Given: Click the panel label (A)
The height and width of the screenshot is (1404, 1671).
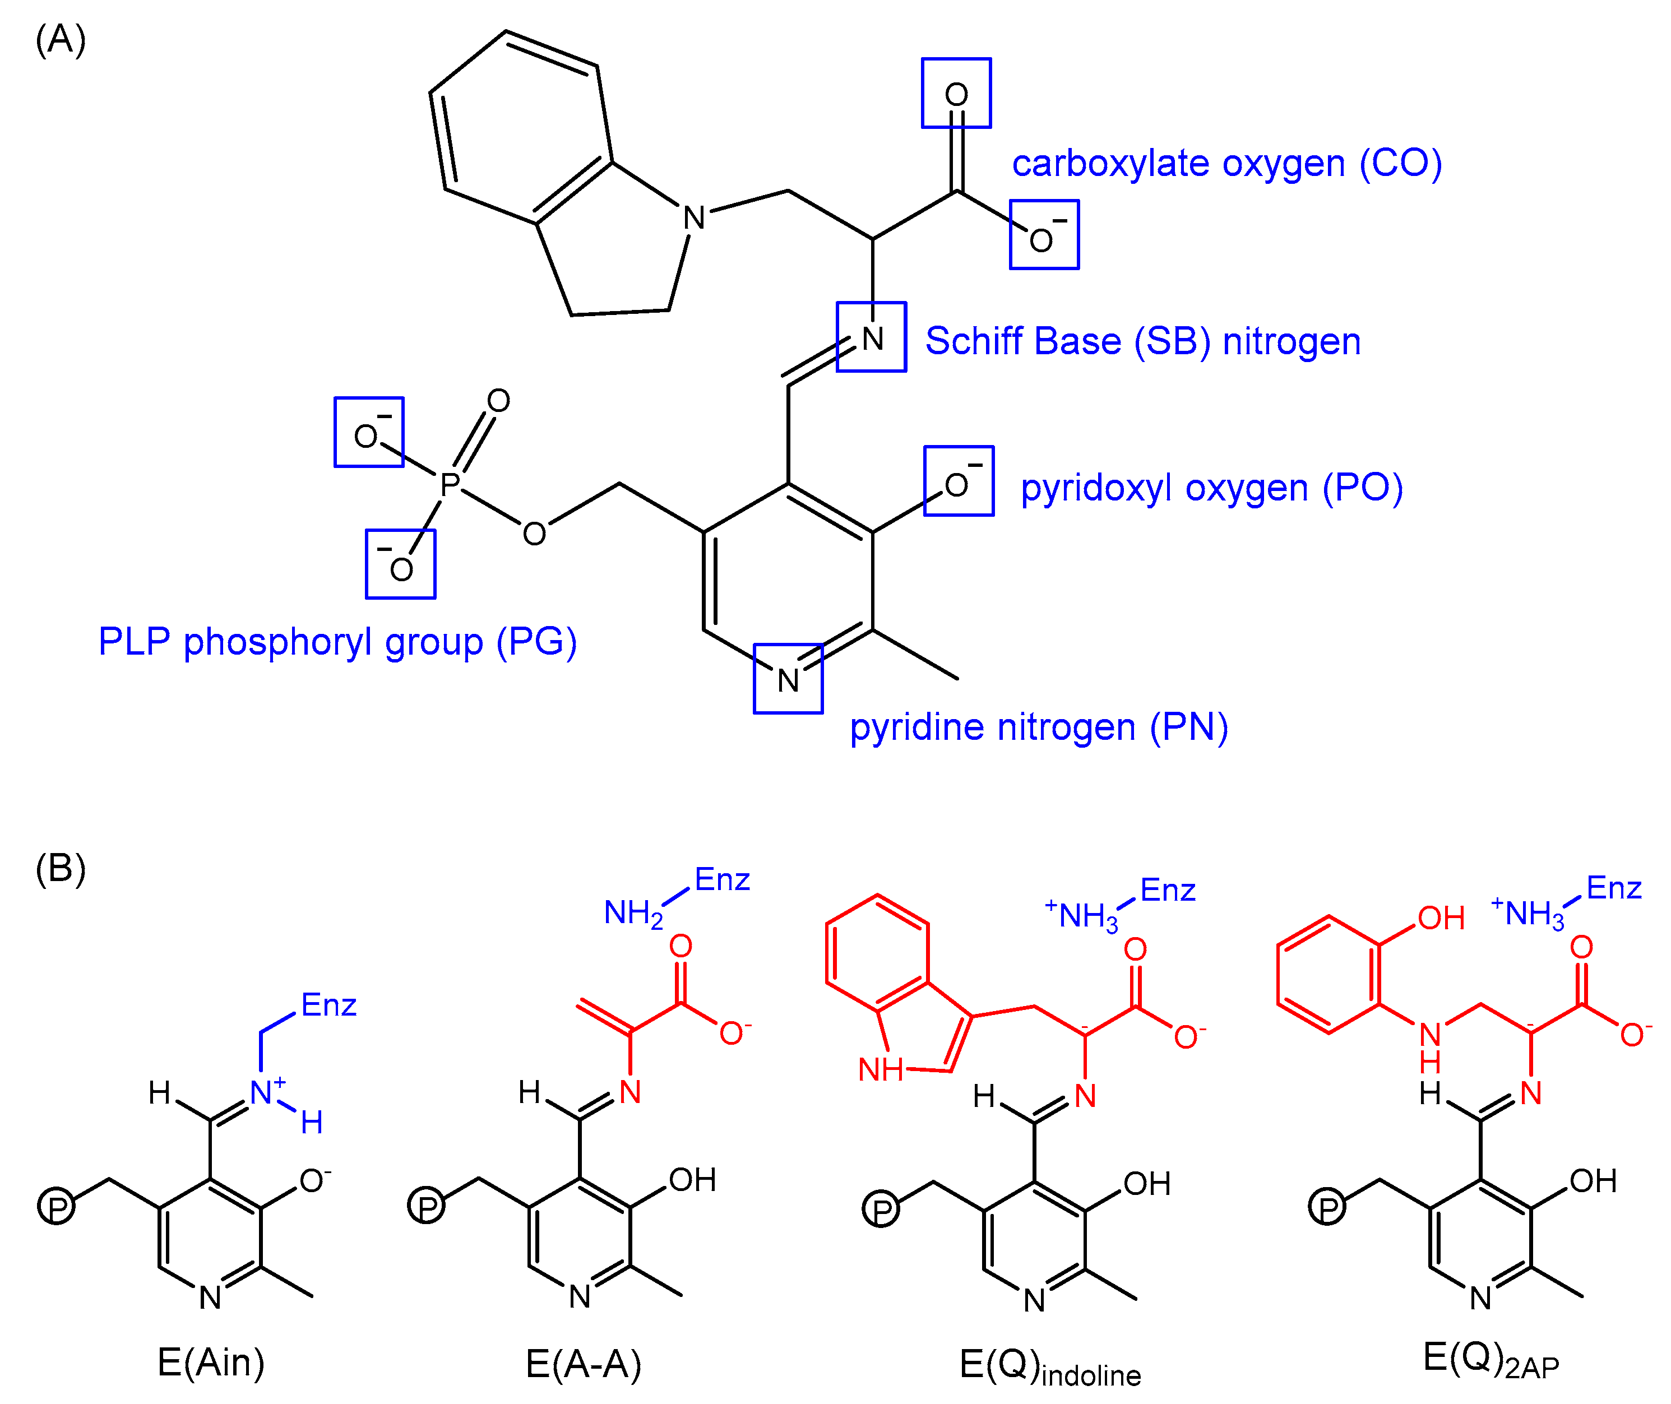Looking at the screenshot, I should [61, 40].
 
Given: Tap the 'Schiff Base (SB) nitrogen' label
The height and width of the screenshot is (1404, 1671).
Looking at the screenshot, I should [1143, 341].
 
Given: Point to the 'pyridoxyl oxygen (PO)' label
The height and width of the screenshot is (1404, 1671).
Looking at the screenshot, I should [1212, 488].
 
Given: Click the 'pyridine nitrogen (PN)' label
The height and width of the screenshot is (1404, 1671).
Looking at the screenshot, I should [1039, 728].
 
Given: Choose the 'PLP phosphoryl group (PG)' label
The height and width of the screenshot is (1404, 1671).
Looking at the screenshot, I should [337, 642].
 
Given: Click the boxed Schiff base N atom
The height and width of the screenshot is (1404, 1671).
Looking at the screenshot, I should [873, 339].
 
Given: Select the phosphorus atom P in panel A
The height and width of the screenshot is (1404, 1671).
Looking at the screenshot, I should [451, 483].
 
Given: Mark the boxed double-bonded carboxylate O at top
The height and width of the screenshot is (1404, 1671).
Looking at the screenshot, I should [956, 95].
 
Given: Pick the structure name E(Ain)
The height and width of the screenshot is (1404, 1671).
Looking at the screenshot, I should [211, 1362].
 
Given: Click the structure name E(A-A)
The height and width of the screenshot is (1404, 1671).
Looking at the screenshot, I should [584, 1364].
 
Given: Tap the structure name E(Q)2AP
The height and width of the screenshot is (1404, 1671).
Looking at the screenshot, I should [1491, 1360].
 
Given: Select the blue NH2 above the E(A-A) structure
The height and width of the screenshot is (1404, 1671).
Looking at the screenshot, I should [633, 914].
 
